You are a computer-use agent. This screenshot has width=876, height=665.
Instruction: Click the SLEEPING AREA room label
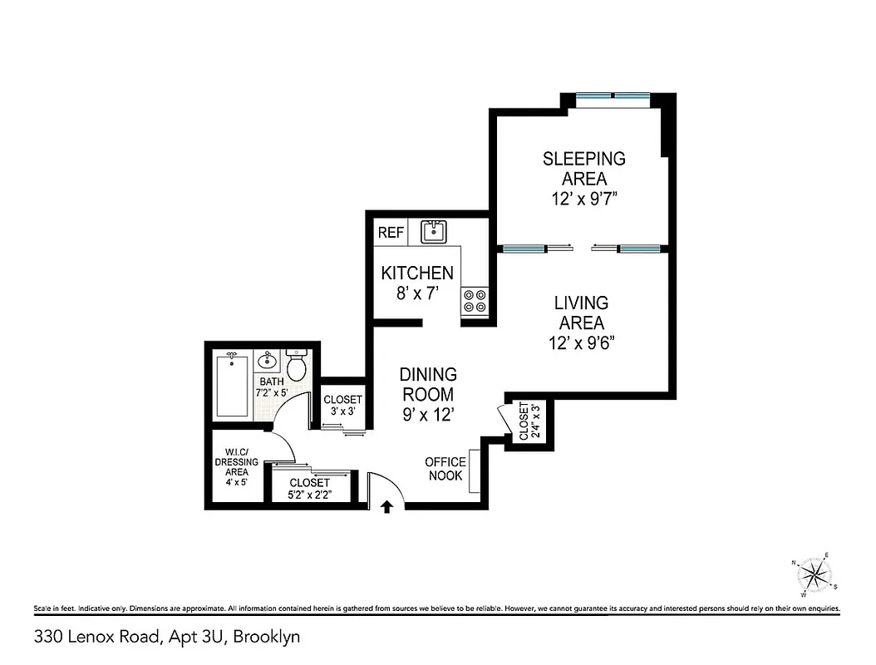[x=583, y=168]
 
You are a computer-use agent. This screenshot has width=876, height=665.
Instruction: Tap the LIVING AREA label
[x=582, y=313]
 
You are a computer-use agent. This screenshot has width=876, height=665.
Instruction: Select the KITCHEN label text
[x=417, y=273]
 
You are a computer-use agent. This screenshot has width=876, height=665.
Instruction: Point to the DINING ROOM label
[x=428, y=384]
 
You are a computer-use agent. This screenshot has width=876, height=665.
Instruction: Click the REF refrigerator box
[x=391, y=233]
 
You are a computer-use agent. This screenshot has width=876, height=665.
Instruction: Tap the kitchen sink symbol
[x=433, y=231]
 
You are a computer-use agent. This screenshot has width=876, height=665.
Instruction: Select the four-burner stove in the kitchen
[x=475, y=300]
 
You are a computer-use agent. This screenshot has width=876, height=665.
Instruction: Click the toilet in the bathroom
[x=297, y=365]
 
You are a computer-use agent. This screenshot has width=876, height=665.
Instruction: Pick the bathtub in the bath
[x=232, y=385]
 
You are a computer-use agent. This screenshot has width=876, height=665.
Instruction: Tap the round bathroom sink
[x=268, y=361]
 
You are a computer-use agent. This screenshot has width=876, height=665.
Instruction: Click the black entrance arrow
[x=386, y=507]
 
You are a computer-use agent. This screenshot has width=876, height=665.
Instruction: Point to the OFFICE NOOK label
[x=445, y=469]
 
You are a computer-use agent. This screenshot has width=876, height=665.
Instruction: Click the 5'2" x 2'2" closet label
[x=309, y=489]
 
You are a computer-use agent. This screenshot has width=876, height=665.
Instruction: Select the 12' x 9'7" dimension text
[x=583, y=199]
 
